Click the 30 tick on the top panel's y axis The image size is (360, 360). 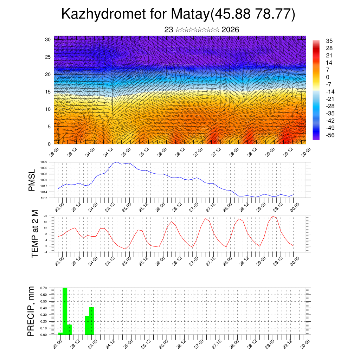[48, 39]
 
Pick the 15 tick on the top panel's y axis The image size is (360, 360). [48, 92]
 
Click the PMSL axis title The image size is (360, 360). [32, 180]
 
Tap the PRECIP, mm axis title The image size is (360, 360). [32, 311]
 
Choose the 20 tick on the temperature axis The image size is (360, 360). [46, 216]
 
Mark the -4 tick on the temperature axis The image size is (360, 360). [46, 252]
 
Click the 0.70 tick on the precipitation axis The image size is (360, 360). [44, 288]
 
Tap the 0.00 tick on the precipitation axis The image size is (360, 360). [44, 335]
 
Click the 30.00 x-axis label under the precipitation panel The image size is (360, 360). [305, 344]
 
